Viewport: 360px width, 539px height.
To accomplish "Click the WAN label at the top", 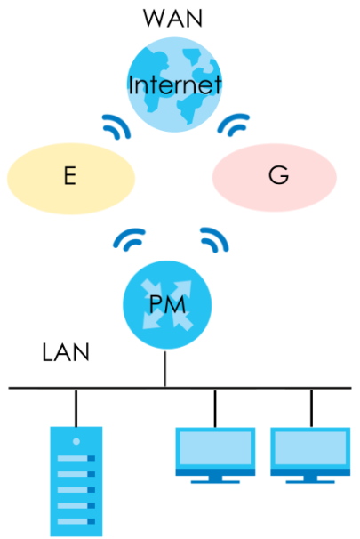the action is coord(172,18).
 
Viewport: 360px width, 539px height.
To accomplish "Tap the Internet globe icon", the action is coord(174,84).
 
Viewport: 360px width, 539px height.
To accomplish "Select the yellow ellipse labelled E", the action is coord(71,179).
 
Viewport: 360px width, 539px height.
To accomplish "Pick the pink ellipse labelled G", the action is coord(274,178).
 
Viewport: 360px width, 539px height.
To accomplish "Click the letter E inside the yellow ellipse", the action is coord(70,175).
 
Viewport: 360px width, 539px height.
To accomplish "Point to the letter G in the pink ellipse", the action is coord(278,175).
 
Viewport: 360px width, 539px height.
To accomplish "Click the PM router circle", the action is coord(167,305).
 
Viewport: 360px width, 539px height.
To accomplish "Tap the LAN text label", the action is coord(66,352).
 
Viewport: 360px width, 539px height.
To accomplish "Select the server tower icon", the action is coord(76,481).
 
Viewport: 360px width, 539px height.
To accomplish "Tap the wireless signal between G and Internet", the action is coord(232,125).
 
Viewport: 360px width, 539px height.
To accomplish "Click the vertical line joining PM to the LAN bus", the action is coord(165,369).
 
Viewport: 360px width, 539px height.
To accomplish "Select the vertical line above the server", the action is coord(76,408).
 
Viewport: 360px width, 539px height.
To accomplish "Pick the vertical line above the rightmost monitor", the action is coord(311,408).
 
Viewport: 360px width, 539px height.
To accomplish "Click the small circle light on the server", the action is coord(76,441).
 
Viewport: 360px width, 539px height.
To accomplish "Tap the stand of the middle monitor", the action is coord(215,479).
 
